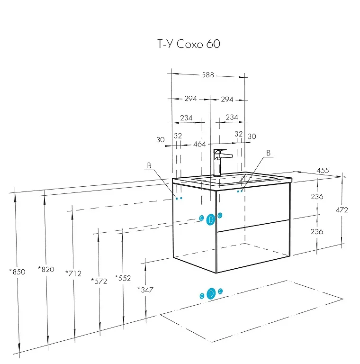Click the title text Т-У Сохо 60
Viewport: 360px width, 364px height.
point(188,44)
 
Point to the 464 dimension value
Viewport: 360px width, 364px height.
point(199,144)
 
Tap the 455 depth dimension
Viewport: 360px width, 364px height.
point(323,171)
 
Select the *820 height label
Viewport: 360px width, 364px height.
point(46,270)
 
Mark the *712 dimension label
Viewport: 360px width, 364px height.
point(73,273)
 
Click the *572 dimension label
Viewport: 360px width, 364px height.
point(99,281)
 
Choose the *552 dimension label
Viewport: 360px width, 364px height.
point(123,278)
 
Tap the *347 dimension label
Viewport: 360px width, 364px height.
point(145,289)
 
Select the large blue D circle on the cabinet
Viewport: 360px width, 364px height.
point(211,219)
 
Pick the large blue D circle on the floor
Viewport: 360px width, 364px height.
point(211,294)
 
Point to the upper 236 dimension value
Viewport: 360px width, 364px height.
point(317,197)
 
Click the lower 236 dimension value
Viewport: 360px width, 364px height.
point(317,232)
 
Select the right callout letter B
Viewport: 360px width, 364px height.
point(268,153)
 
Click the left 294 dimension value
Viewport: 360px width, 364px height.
point(190,99)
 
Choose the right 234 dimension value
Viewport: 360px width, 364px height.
point(232,118)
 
